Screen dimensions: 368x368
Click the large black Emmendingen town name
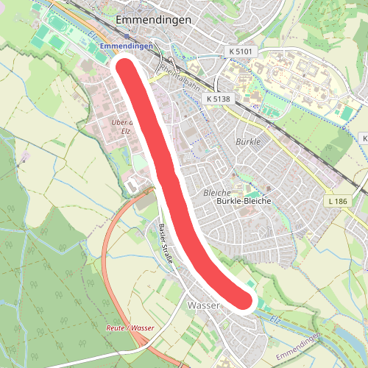coord(154,19)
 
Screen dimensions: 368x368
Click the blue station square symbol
coord(127,35)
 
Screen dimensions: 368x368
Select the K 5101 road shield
coord(241,51)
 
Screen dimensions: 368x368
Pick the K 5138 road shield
coord(219,98)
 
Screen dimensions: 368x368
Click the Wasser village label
coord(204,304)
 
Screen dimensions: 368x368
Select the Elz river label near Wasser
coord(275,319)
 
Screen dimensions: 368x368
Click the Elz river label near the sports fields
coord(91,35)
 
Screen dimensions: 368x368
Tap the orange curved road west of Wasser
coord(110,243)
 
